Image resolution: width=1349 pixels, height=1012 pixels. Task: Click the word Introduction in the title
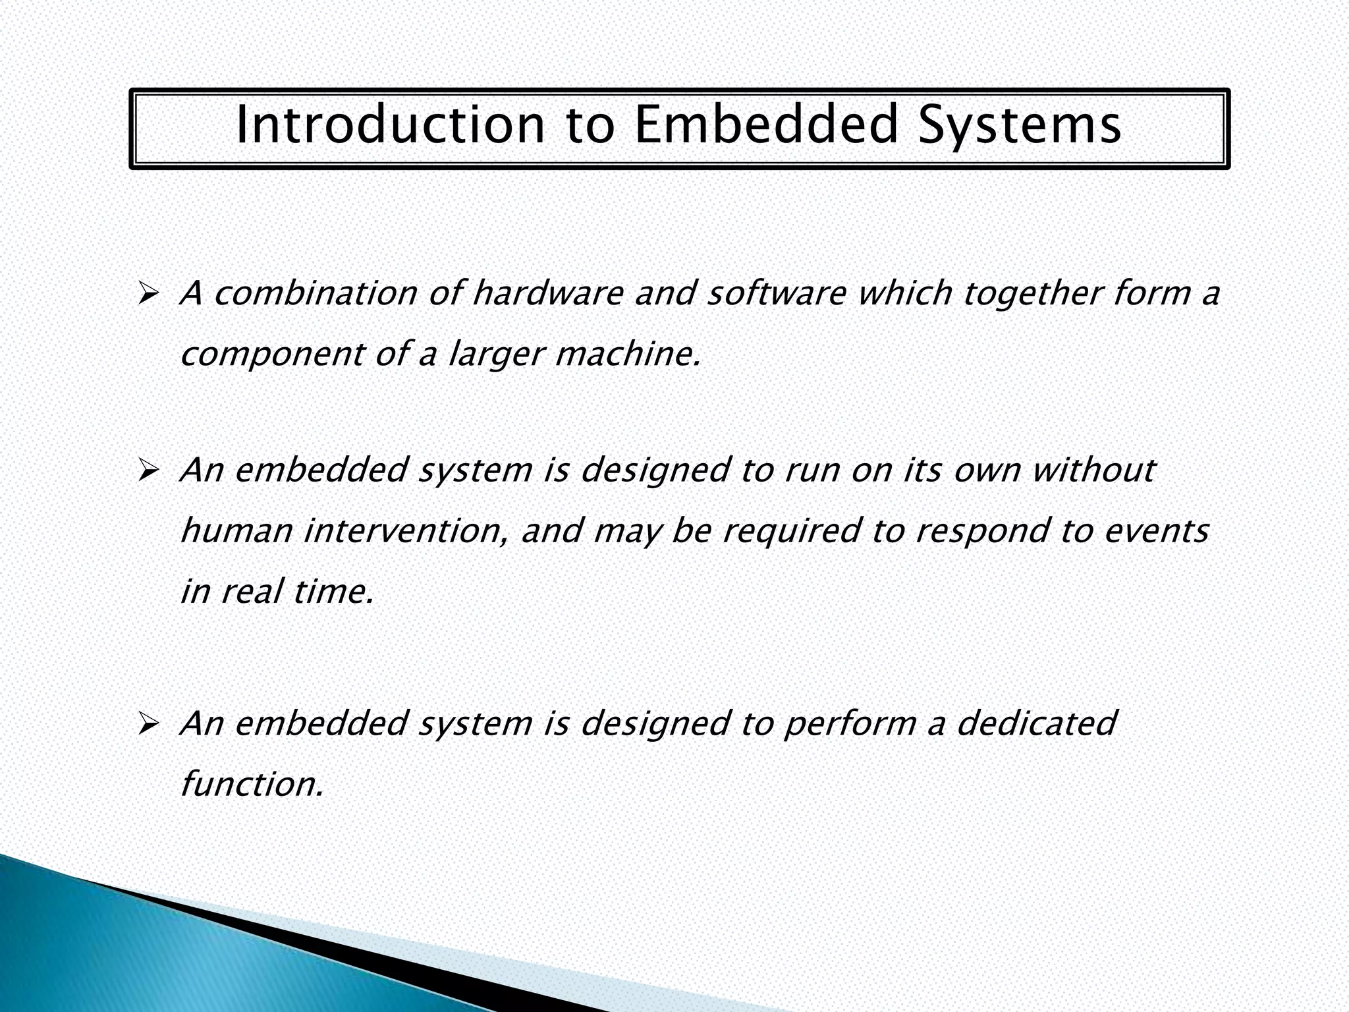coord(390,125)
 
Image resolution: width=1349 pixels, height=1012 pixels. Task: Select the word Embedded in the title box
coord(766,125)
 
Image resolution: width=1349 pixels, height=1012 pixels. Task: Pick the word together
coord(1032,294)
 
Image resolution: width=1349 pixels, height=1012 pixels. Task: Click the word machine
coord(626,354)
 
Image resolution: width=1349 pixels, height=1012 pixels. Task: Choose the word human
coord(236,531)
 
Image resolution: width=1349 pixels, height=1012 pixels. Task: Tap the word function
coord(251,784)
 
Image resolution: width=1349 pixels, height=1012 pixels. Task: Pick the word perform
coord(850,725)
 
